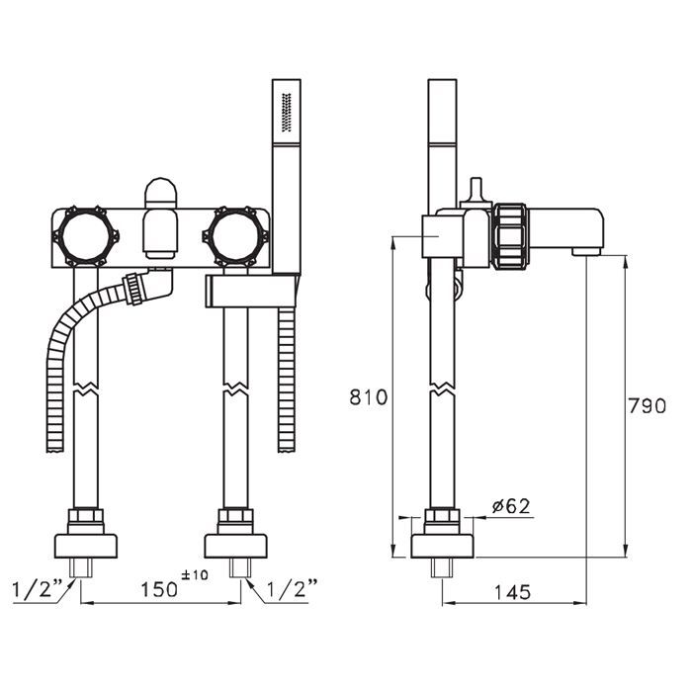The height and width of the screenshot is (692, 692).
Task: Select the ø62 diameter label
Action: click(x=510, y=506)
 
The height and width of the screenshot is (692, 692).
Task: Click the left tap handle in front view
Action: click(x=83, y=235)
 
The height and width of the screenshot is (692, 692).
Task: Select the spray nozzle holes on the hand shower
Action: click(x=288, y=113)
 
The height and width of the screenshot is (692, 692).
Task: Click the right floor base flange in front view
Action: click(x=236, y=543)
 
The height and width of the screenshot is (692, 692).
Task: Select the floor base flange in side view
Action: click(x=443, y=543)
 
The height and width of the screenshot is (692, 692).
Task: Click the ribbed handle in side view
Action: click(x=510, y=234)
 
